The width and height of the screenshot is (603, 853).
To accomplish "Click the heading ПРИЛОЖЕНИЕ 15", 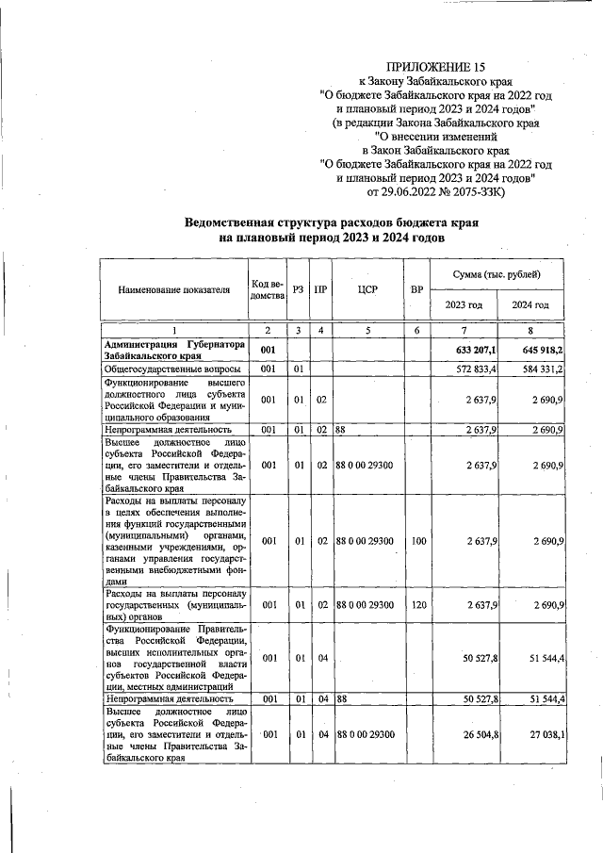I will pos(434,65).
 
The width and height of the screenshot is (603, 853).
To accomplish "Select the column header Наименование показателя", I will pos(174,289).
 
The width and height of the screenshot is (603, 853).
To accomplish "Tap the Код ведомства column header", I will pos(268,289).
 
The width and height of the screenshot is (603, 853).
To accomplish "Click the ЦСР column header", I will pos(367,289).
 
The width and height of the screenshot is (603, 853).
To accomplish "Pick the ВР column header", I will pos(416,289).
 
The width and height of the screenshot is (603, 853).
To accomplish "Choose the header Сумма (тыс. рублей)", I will pos(497,273).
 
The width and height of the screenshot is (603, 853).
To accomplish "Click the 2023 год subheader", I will pos(464,305).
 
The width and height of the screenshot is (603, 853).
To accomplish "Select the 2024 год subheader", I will pos(530,305).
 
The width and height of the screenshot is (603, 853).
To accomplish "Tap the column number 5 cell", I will pos(367,330).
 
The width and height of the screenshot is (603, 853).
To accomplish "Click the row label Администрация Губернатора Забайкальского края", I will pos(174,351).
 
